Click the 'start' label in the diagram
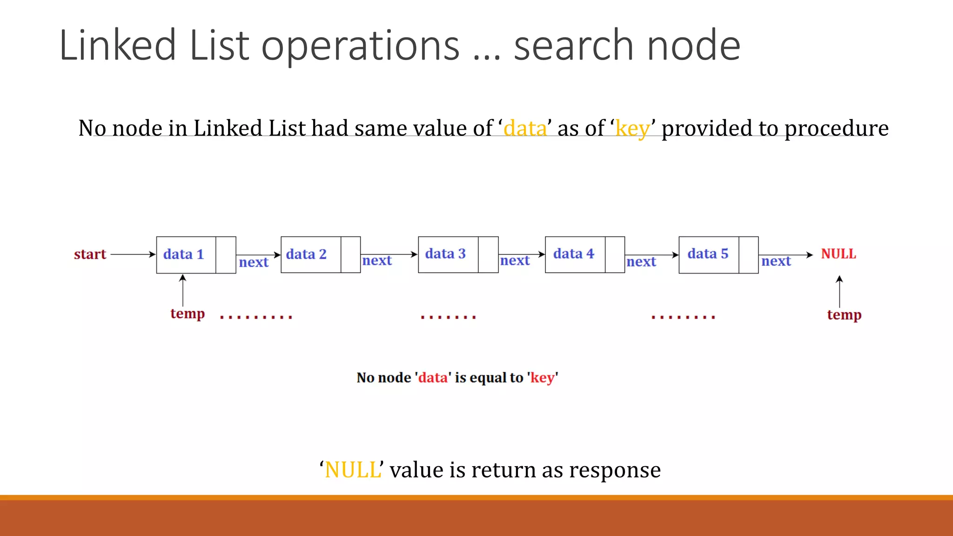coord(90,255)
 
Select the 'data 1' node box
coord(186,255)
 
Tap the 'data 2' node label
coord(306,254)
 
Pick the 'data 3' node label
coord(445,254)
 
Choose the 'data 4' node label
coord(574,254)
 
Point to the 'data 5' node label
coord(708,254)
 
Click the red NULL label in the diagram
coord(838,254)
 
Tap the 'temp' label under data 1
coord(188,314)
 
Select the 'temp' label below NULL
coord(844,315)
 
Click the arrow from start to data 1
coord(133,255)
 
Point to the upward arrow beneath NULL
coord(839,291)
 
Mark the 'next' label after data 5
coord(776,261)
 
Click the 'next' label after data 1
coord(254,262)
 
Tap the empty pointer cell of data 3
coord(488,255)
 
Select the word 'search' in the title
coord(573,46)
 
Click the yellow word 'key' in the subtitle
coord(632,128)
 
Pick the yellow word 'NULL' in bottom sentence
coord(353,470)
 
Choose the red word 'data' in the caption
coord(433,377)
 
